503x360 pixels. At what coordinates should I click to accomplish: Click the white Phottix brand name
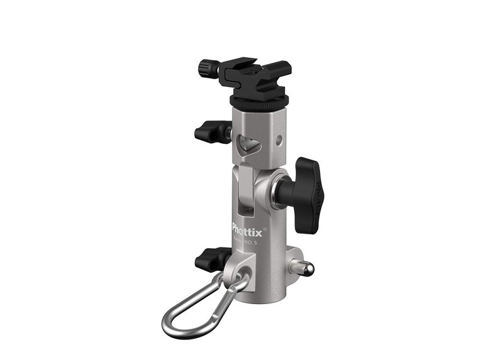246,227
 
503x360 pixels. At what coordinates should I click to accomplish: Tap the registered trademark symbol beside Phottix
265,221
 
